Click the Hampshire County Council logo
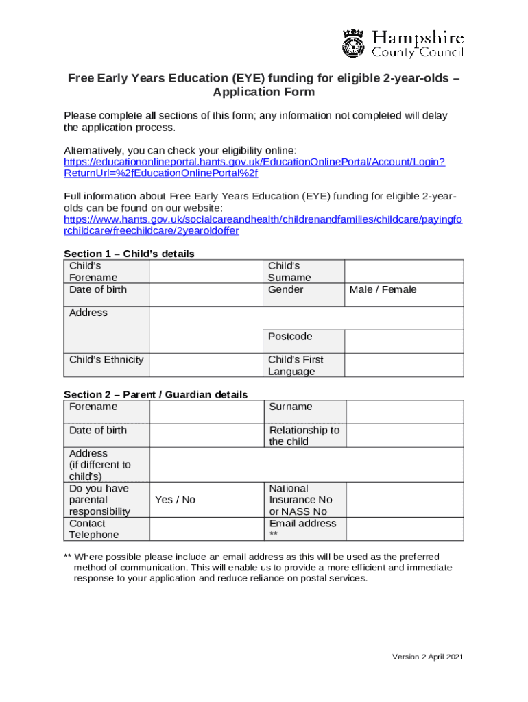(x=403, y=44)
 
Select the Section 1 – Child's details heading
(x=129, y=254)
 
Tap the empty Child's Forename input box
(x=206, y=271)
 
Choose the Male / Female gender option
(x=383, y=290)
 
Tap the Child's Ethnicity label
(x=106, y=360)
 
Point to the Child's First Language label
(x=296, y=365)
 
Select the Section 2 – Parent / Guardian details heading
(x=156, y=394)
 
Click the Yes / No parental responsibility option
(x=176, y=500)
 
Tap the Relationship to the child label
(x=304, y=436)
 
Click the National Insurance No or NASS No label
(x=300, y=500)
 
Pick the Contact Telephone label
(x=94, y=529)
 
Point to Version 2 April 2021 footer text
(x=428, y=657)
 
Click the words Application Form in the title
(x=264, y=92)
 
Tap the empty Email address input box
(x=404, y=529)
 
